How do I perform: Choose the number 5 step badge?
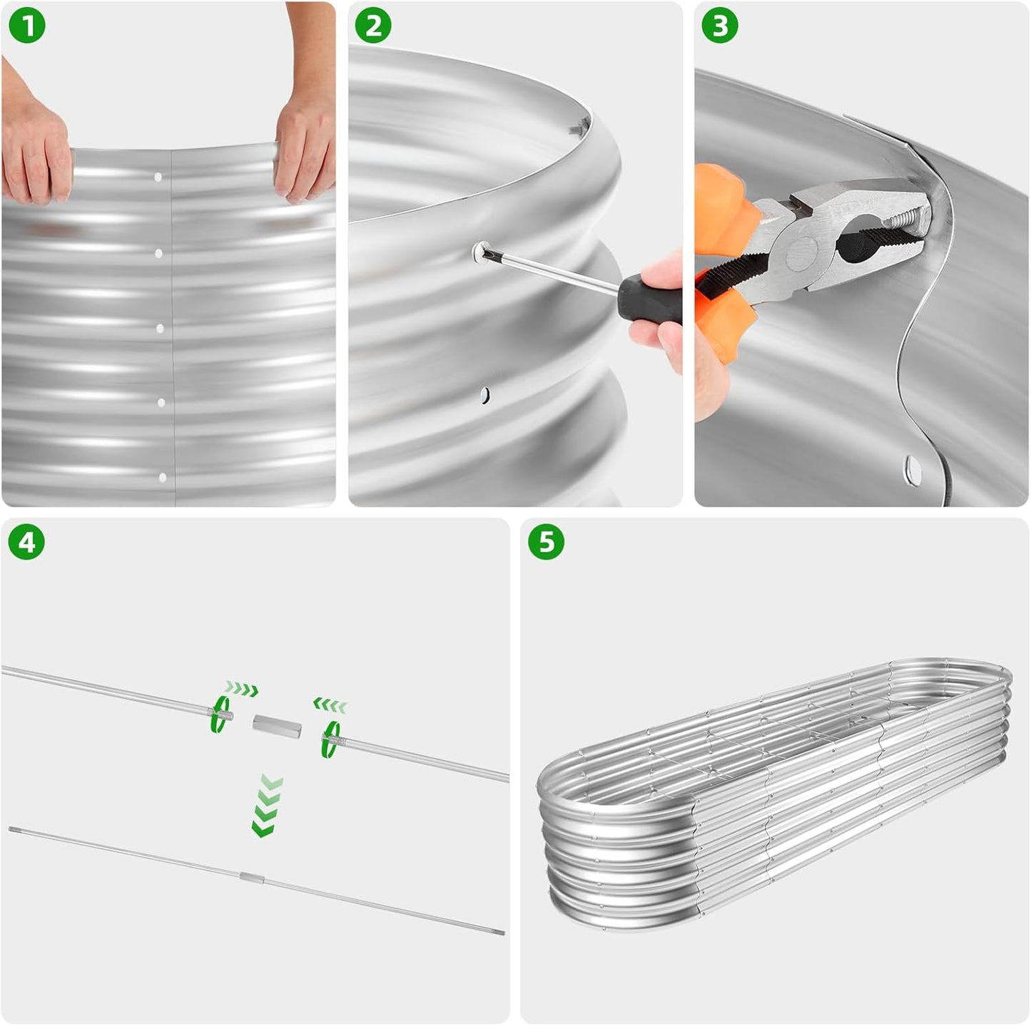547,542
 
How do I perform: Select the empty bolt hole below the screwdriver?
484,396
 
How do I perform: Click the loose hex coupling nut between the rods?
277,725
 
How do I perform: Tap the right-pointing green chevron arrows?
241,687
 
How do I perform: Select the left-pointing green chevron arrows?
330,704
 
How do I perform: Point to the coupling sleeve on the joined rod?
252,878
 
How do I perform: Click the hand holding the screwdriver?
656,313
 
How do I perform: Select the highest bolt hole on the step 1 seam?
158,177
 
